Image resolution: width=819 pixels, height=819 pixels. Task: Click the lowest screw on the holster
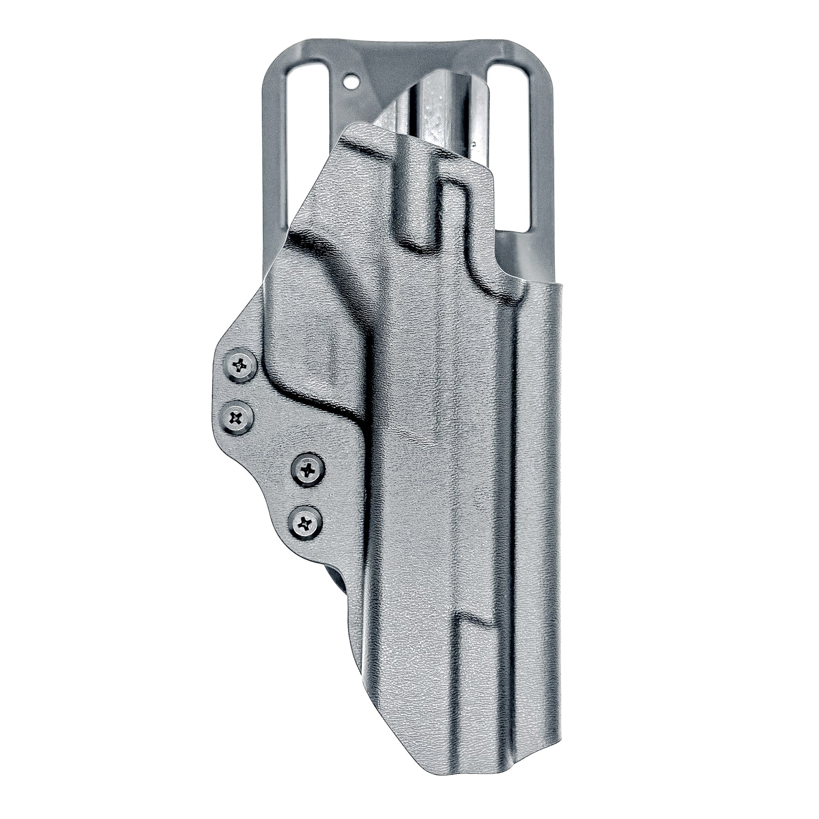click(304, 525)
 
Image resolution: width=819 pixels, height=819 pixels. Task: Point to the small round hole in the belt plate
click(350, 79)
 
